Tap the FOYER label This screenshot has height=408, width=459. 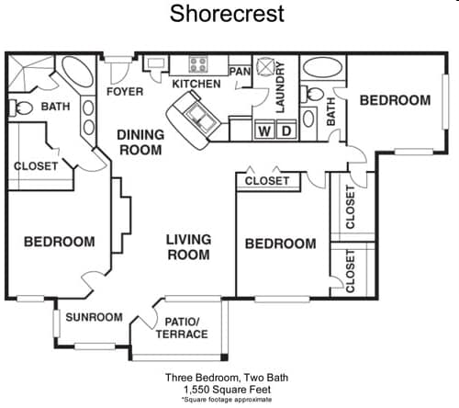click(x=124, y=92)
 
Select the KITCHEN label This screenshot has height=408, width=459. click(x=196, y=85)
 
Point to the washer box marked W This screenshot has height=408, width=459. click(x=264, y=130)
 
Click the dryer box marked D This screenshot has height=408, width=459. click(x=285, y=130)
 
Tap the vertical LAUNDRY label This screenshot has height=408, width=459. click(x=281, y=88)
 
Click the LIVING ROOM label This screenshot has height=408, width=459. click(x=188, y=247)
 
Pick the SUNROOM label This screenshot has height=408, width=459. click(x=94, y=317)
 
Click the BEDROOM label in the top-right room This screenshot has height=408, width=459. click(x=395, y=100)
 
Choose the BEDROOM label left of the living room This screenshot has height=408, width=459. click(x=59, y=242)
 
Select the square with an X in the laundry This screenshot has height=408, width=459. click(x=265, y=67)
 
